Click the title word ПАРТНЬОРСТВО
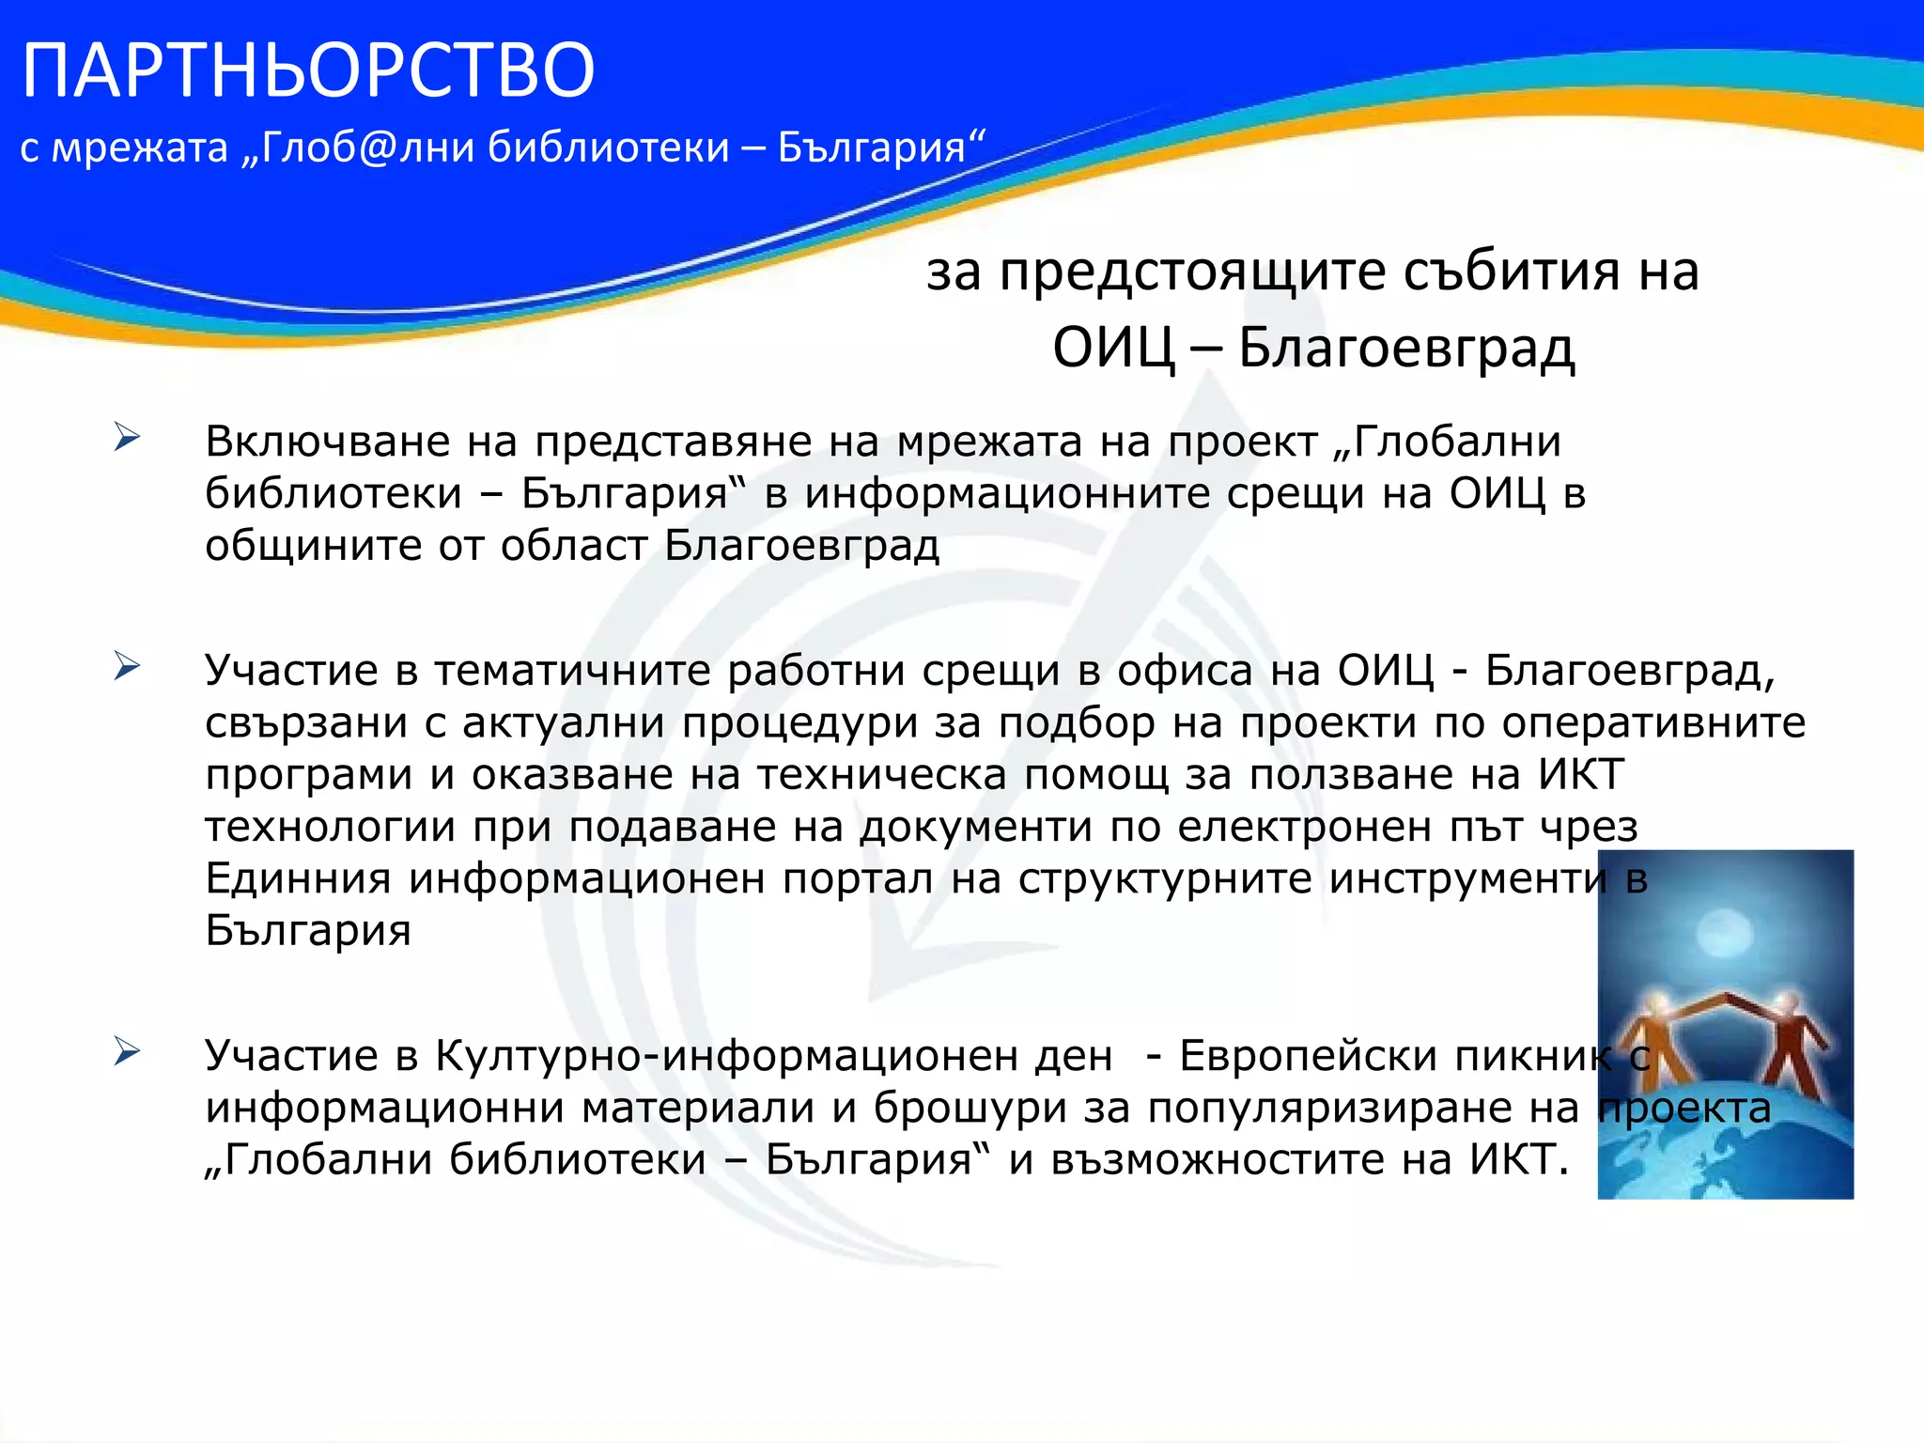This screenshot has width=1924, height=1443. pyautogui.click(x=308, y=70)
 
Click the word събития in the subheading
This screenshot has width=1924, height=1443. pyautogui.click(x=1512, y=272)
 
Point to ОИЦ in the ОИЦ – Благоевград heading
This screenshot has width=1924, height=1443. pyautogui.click(x=1113, y=348)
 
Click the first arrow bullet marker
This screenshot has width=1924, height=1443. pyautogui.click(x=127, y=437)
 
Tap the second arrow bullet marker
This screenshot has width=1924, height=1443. pyautogui.click(x=127, y=666)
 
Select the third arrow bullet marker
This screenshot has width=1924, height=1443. pyautogui.click(x=127, y=1051)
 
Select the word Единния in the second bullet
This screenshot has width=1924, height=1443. pyautogui.click(x=298, y=878)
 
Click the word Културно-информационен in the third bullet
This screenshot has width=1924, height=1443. pyautogui.click(x=774, y=1056)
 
